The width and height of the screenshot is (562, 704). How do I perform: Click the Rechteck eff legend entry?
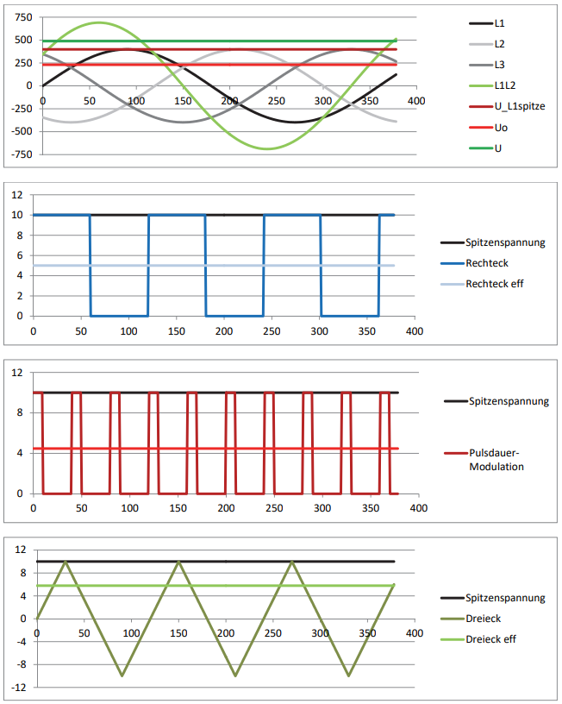click(494, 284)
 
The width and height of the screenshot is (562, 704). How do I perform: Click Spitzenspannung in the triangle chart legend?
click(504, 598)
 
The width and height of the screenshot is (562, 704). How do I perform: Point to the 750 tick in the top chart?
click(23, 17)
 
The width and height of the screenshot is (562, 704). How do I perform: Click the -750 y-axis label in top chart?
click(22, 154)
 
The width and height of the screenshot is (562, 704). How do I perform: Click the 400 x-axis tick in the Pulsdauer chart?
click(418, 508)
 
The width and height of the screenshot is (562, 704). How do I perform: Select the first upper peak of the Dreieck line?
click(65, 562)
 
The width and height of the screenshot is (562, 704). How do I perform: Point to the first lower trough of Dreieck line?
click(122, 676)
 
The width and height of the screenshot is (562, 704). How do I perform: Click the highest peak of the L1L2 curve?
click(98, 22)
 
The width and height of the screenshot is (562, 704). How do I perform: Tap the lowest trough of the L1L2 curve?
click(266, 149)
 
